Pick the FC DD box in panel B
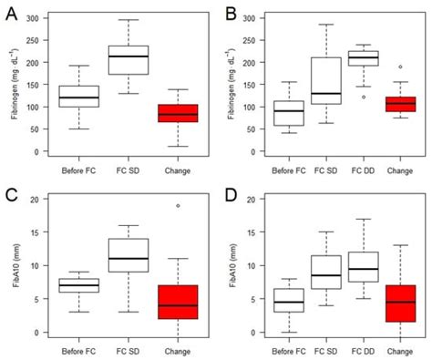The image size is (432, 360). click(x=364, y=58)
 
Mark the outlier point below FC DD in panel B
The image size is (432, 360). click(x=364, y=97)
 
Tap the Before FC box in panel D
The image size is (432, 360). click(x=290, y=300)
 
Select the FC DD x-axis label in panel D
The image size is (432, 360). click(x=364, y=349)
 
